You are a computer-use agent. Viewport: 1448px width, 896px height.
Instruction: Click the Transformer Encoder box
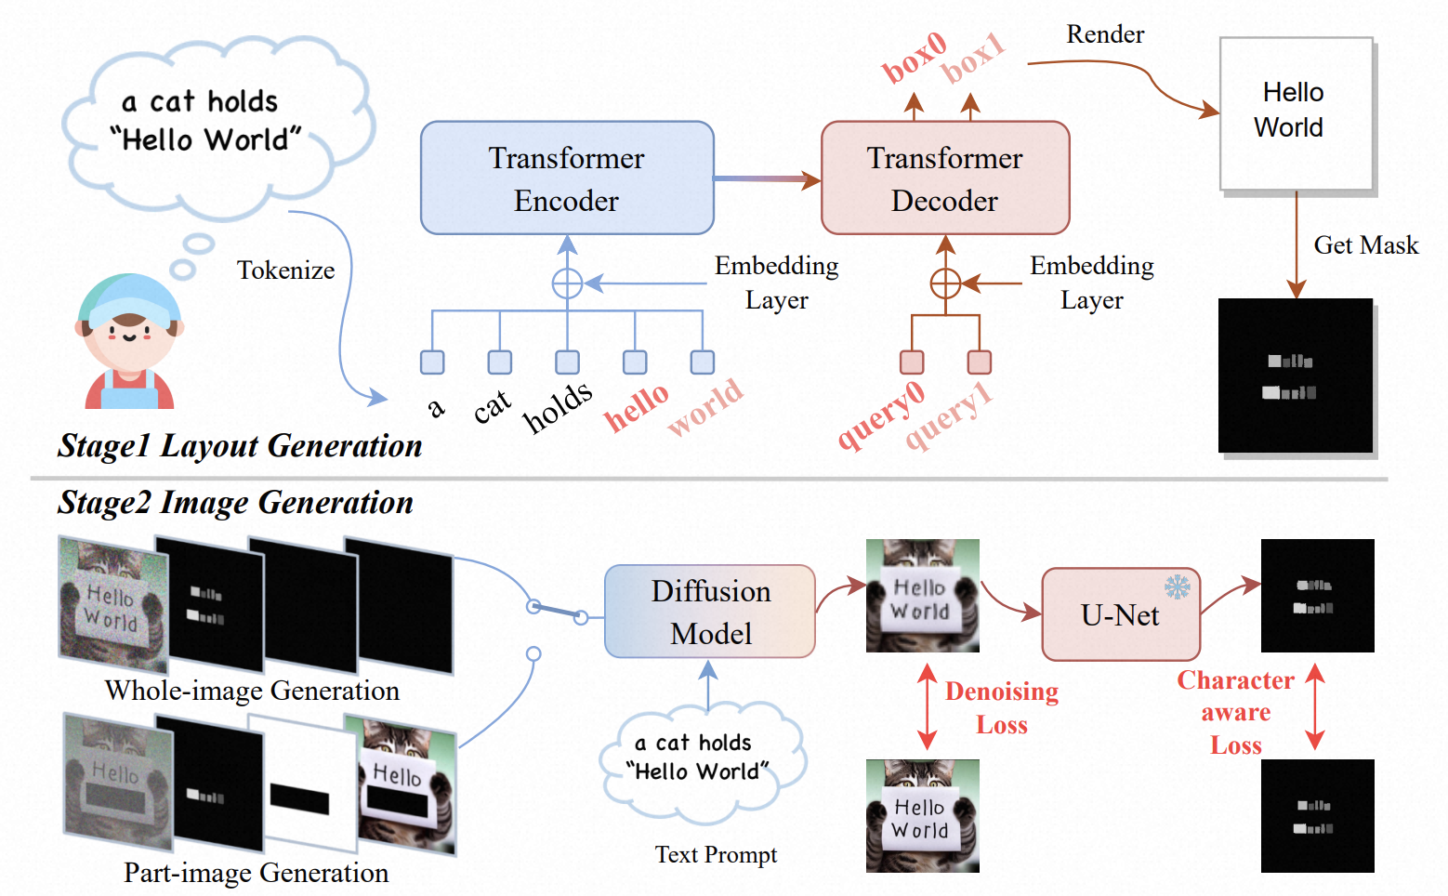click(567, 178)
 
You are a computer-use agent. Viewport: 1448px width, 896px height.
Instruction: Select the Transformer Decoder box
click(945, 178)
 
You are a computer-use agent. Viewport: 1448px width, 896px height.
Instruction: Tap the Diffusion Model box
click(710, 612)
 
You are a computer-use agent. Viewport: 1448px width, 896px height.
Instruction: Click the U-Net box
click(1120, 615)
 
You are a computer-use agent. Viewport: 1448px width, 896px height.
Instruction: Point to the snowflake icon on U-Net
click(1178, 586)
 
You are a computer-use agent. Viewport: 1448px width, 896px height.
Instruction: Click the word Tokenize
click(285, 270)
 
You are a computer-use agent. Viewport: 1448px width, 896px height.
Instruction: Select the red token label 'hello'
click(637, 407)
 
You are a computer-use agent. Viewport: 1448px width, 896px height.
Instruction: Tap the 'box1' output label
click(973, 58)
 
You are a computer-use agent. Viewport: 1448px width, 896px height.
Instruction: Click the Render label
click(1105, 34)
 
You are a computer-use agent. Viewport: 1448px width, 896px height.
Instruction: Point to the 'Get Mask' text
click(1365, 245)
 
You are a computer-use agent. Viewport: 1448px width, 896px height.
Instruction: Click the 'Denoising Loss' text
click(1002, 707)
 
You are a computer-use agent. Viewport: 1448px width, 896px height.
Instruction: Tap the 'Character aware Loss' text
click(1235, 712)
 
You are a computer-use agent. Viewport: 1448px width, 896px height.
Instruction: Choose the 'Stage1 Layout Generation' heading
click(240, 446)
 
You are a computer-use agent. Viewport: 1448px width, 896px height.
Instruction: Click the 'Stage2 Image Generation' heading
click(235, 503)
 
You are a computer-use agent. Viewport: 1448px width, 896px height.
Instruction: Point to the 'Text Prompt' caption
click(716, 854)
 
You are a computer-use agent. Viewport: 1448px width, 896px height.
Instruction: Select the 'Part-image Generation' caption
click(256, 873)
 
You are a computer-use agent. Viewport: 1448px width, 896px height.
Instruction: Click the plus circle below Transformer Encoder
click(567, 283)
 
